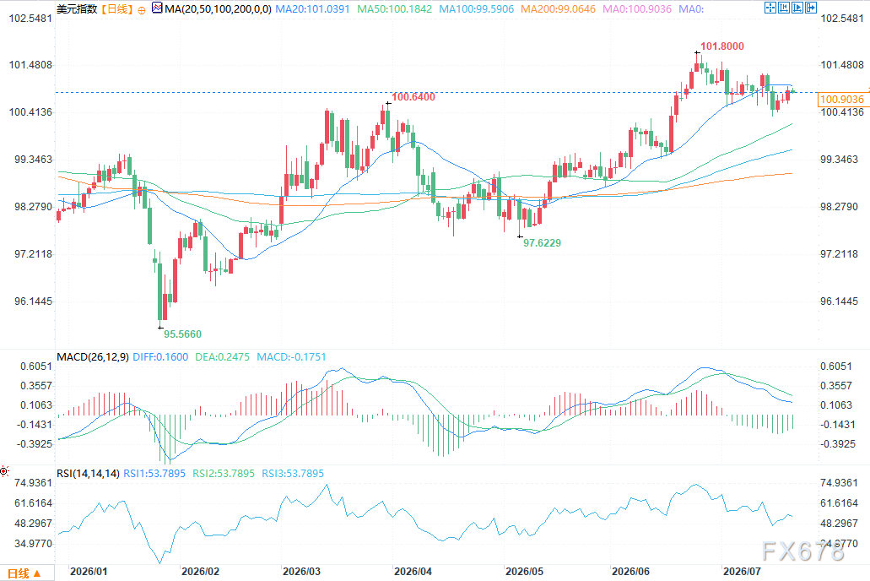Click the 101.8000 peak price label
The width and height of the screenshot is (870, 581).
tap(721, 46)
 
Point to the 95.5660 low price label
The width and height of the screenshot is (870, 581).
tap(182, 334)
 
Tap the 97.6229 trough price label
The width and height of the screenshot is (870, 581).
tap(542, 242)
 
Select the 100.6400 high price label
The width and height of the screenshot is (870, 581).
tap(413, 96)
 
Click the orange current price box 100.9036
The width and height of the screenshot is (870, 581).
tap(841, 100)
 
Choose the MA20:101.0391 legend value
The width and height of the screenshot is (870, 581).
tap(312, 9)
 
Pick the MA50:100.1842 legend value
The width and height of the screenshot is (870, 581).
tap(395, 9)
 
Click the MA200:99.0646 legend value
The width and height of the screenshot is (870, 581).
tap(558, 9)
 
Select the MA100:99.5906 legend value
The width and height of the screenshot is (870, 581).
tap(477, 9)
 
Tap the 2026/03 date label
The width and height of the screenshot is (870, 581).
tap(301, 571)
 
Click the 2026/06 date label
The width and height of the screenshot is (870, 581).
tap(630, 571)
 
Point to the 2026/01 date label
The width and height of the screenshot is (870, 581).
tap(89, 571)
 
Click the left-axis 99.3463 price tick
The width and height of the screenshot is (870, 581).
tap(33, 160)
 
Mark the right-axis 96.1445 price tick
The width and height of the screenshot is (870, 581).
tap(839, 301)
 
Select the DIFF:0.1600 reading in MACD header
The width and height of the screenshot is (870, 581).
tap(160, 356)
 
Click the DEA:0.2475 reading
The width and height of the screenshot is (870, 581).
tap(222, 356)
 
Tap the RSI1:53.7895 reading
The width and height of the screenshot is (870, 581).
tap(154, 473)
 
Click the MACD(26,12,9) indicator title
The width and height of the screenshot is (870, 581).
tap(93, 356)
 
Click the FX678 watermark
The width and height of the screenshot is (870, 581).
tap(802, 551)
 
